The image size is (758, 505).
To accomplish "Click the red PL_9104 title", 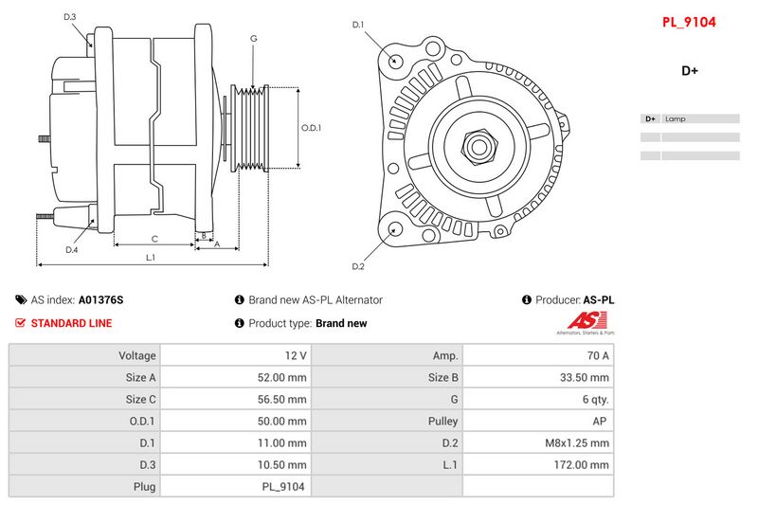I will (x=689, y=21).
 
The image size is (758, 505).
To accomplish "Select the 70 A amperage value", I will (x=598, y=355).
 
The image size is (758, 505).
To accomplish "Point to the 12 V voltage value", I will (x=296, y=355).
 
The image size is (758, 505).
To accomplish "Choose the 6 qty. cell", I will (x=593, y=399).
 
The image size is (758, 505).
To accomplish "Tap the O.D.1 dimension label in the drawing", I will (x=311, y=128).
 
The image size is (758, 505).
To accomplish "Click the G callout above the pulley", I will (x=253, y=38).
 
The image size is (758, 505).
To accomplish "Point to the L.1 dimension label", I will (x=150, y=258).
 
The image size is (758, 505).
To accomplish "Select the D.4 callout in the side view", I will (x=71, y=250).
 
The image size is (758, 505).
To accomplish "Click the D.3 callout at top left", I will (x=70, y=17).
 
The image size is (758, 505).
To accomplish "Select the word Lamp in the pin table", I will (x=676, y=119).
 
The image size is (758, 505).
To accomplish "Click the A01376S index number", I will (x=100, y=299).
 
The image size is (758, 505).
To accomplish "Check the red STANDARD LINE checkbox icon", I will (x=21, y=323).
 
